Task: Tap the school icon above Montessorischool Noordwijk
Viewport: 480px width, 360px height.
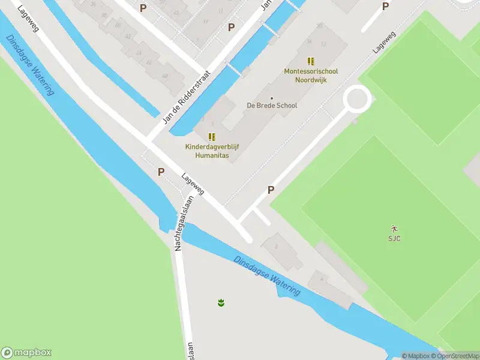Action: tap(311, 61)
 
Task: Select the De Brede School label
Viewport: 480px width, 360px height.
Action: tap(272, 106)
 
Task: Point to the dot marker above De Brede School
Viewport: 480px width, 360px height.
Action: tap(272, 98)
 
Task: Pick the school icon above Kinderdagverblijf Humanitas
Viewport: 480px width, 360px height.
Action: tap(212, 137)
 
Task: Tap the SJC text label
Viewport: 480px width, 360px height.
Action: tap(394, 238)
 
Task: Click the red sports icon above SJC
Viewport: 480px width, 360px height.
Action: tap(394, 229)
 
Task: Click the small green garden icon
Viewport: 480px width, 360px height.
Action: tap(221, 302)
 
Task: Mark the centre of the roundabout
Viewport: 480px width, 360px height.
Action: tap(356, 98)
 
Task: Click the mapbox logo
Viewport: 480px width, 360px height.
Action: tap(26, 353)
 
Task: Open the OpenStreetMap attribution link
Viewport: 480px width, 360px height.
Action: tap(455, 356)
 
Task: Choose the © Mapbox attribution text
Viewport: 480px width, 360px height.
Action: tap(415, 356)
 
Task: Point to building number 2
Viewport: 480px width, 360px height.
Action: tap(276, 246)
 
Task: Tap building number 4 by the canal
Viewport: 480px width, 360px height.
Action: tap(322, 279)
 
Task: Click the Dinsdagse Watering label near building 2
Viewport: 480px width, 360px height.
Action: tap(267, 275)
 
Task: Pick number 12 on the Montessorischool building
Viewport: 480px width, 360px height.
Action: tap(323, 44)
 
